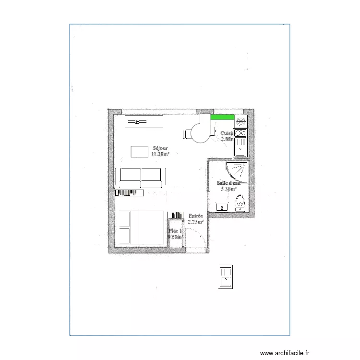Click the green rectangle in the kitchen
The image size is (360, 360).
(222, 117)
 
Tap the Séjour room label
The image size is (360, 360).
(160, 148)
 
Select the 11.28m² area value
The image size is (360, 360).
(160, 154)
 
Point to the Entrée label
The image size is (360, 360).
(195, 216)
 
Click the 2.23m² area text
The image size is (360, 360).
(195, 222)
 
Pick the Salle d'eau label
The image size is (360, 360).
(228, 183)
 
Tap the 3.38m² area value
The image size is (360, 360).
(228, 189)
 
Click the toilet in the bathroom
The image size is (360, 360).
(240, 204)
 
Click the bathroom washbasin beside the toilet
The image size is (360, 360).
(221, 207)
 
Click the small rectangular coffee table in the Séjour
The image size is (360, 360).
(140, 151)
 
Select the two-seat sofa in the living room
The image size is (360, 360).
(141, 178)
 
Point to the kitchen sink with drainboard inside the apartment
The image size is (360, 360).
(240, 146)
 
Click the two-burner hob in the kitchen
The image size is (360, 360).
(240, 132)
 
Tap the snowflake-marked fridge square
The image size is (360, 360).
(240, 122)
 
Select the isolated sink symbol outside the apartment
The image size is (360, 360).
(225, 276)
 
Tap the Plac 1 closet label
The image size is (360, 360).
(175, 231)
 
